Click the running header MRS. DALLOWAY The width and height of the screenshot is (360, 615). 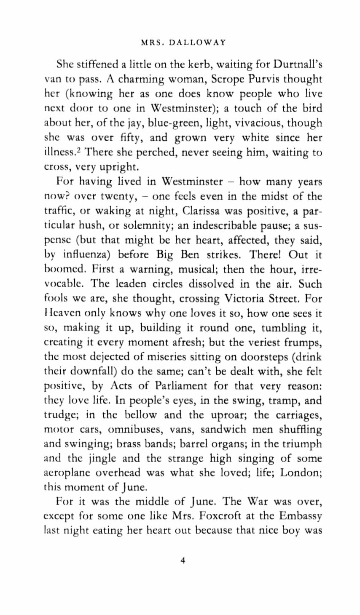[183, 42]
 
